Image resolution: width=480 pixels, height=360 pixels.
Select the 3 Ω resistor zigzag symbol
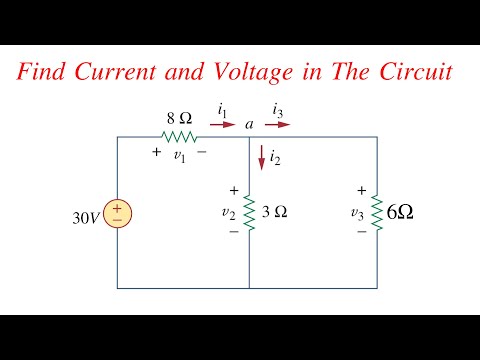249,212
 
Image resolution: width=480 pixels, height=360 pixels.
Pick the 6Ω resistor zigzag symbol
376,212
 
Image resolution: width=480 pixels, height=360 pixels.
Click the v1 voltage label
179,155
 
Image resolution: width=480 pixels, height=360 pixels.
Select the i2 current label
276,157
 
